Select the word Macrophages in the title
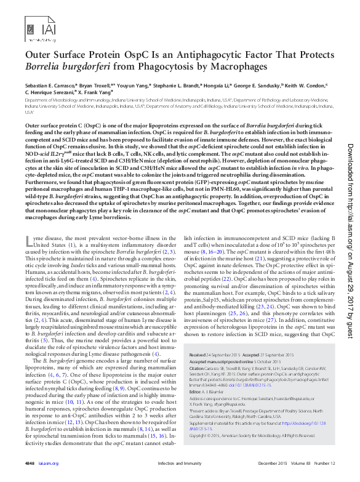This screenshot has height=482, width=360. pyautogui.click(x=234, y=66)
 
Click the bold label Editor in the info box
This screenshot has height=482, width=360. pyautogui.click(x=197, y=391)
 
